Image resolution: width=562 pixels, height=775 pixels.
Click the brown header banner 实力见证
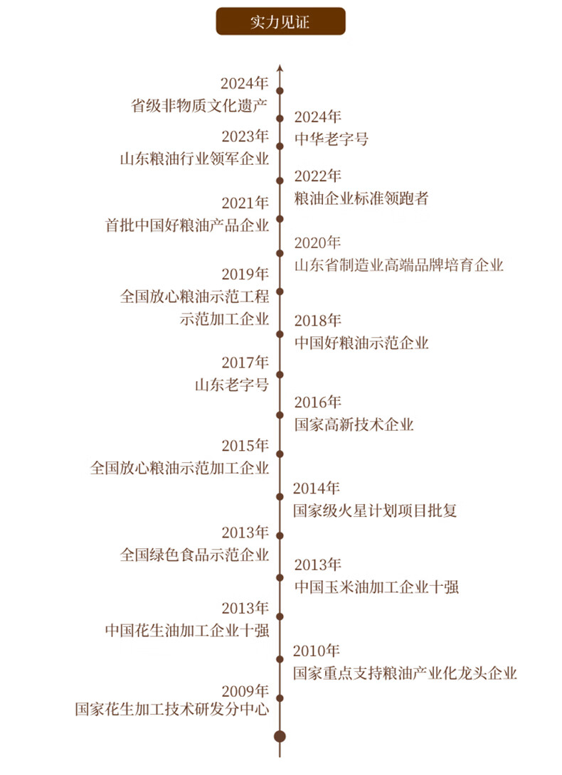click(x=280, y=21)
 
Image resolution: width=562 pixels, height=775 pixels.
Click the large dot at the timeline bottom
click(x=280, y=736)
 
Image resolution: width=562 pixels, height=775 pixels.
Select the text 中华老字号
click(x=332, y=139)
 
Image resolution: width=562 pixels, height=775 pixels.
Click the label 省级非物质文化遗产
click(x=199, y=106)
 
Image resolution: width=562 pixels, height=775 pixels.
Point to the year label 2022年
click(x=317, y=176)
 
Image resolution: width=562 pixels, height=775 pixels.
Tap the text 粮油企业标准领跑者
click(x=361, y=198)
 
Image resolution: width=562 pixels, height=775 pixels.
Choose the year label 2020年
click(x=317, y=242)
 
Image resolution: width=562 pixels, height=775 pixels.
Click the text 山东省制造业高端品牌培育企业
click(x=399, y=265)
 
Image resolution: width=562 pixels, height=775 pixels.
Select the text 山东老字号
click(x=233, y=385)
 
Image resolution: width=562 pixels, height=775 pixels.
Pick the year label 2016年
click(x=317, y=402)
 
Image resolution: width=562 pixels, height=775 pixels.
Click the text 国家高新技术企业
click(x=354, y=425)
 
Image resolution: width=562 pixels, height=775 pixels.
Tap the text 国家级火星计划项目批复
click(x=375, y=511)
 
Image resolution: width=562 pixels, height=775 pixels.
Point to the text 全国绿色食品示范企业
click(x=195, y=555)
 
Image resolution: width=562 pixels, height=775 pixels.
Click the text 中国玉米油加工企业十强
click(x=376, y=587)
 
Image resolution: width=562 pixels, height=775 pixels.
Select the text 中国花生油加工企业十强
click(x=188, y=631)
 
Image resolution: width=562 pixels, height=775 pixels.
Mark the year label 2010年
click(x=317, y=651)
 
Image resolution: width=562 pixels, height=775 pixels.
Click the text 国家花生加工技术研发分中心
click(x=173, y=710)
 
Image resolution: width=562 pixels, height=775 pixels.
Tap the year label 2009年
click(x=245, y=690)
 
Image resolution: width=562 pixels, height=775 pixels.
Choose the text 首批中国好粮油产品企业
click(x=188, y=225)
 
